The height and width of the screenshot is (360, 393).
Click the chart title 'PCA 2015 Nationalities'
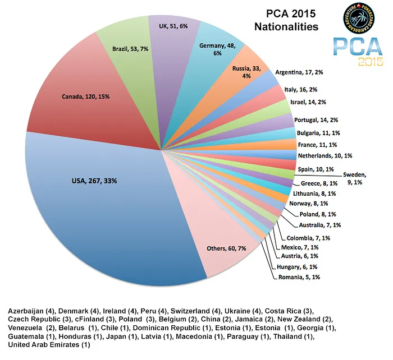click(x=286, y=20)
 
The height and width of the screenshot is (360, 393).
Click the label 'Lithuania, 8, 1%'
click(x=314, y=193)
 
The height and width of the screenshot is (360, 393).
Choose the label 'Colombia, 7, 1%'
click(x=308, y=238)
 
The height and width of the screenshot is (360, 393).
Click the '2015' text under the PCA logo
click(x=371, y=61)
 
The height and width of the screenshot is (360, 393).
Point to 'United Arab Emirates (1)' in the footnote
click(x=49, y=344)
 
